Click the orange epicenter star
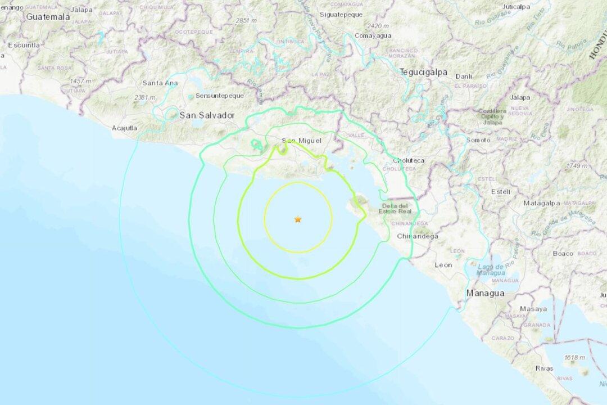[297, 219]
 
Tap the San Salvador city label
[206, 115]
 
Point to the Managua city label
[484, 293]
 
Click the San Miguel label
[296, 141]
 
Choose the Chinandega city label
[417, 236]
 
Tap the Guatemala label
[48, 17]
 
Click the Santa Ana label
[160, 83]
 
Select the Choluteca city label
[409, 160]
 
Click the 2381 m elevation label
[144, 97]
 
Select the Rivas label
[544, 368]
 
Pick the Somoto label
[478, 140]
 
